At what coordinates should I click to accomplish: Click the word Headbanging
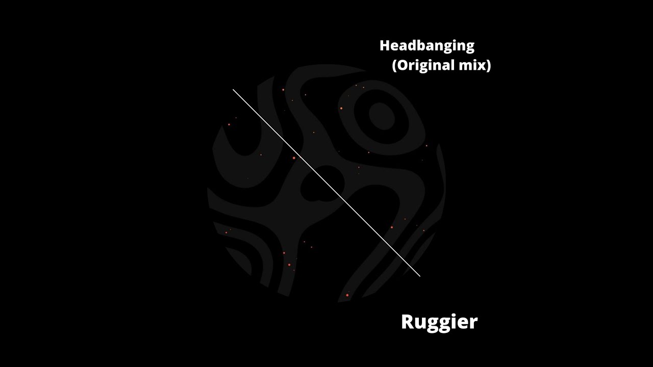[x=426, y=46]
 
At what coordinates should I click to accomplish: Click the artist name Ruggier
[x=439, y=322]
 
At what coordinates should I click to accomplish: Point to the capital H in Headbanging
[x=385, y=45]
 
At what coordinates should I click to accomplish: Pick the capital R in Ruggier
[x=407, y=322]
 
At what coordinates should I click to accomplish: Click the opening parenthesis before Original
[x=394, y=66]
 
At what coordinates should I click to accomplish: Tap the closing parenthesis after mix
[x=488, y=66]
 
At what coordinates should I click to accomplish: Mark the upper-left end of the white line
[x=233, y=90]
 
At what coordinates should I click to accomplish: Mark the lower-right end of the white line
[x=420, y=276]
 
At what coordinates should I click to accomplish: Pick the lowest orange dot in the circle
[x=347, y=295]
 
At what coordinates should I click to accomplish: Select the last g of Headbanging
[x=469, y=47]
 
